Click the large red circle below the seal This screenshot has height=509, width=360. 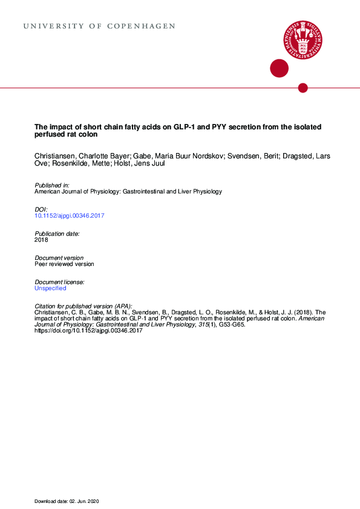pyautogui.click(x=279, y=68)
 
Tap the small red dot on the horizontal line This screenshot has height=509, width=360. pyautogui.click(x=303, y=88)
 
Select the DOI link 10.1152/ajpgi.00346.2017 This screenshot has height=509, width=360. pyautogui.click(x=70, y=215)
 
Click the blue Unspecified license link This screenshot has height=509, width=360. pyautogui.click(x=50, y=288)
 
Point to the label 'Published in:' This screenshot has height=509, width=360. pyautogui.click(x=52, y=185)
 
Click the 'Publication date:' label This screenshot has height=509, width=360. pyautogui.click(x=57, y=233)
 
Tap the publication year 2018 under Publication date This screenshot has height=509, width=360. pyautogui.click(x=42, y=240)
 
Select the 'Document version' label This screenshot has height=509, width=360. pyautogui.click(x=59, y=258)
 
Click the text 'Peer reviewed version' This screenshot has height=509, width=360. pyautogui.click(x=64, y=264)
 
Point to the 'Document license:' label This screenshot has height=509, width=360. pyautogui.click(x=59, y=282)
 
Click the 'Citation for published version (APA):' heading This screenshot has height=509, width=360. pyautogui.click(x=83, y=306)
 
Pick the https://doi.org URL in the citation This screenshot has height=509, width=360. pyautogui.click(x=88, y=331)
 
